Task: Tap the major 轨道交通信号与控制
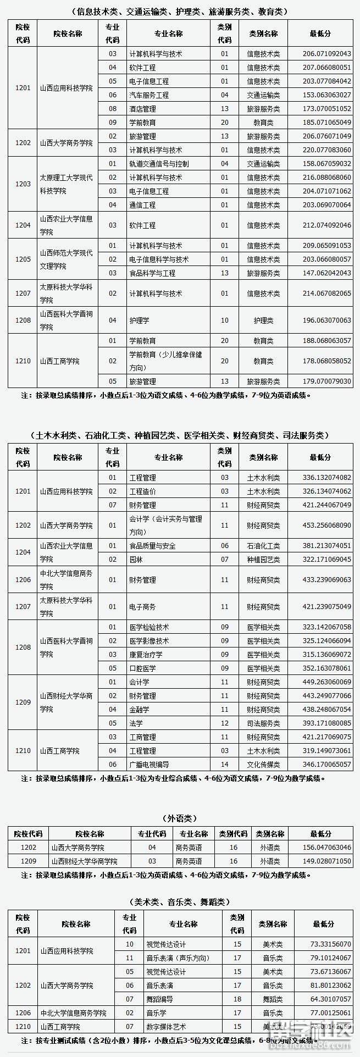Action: [158, 164]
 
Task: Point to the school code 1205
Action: [23, 259]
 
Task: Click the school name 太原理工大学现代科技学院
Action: [66, 184]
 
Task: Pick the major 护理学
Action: [139, 320]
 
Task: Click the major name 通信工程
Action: [142, 205]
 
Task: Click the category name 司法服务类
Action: [263, 723]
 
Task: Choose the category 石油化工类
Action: [263, 546]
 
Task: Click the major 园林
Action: [136, 560]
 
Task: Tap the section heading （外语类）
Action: [180, 818]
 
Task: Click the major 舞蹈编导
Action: [159, 999]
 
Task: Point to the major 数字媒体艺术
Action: [166, 1026]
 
